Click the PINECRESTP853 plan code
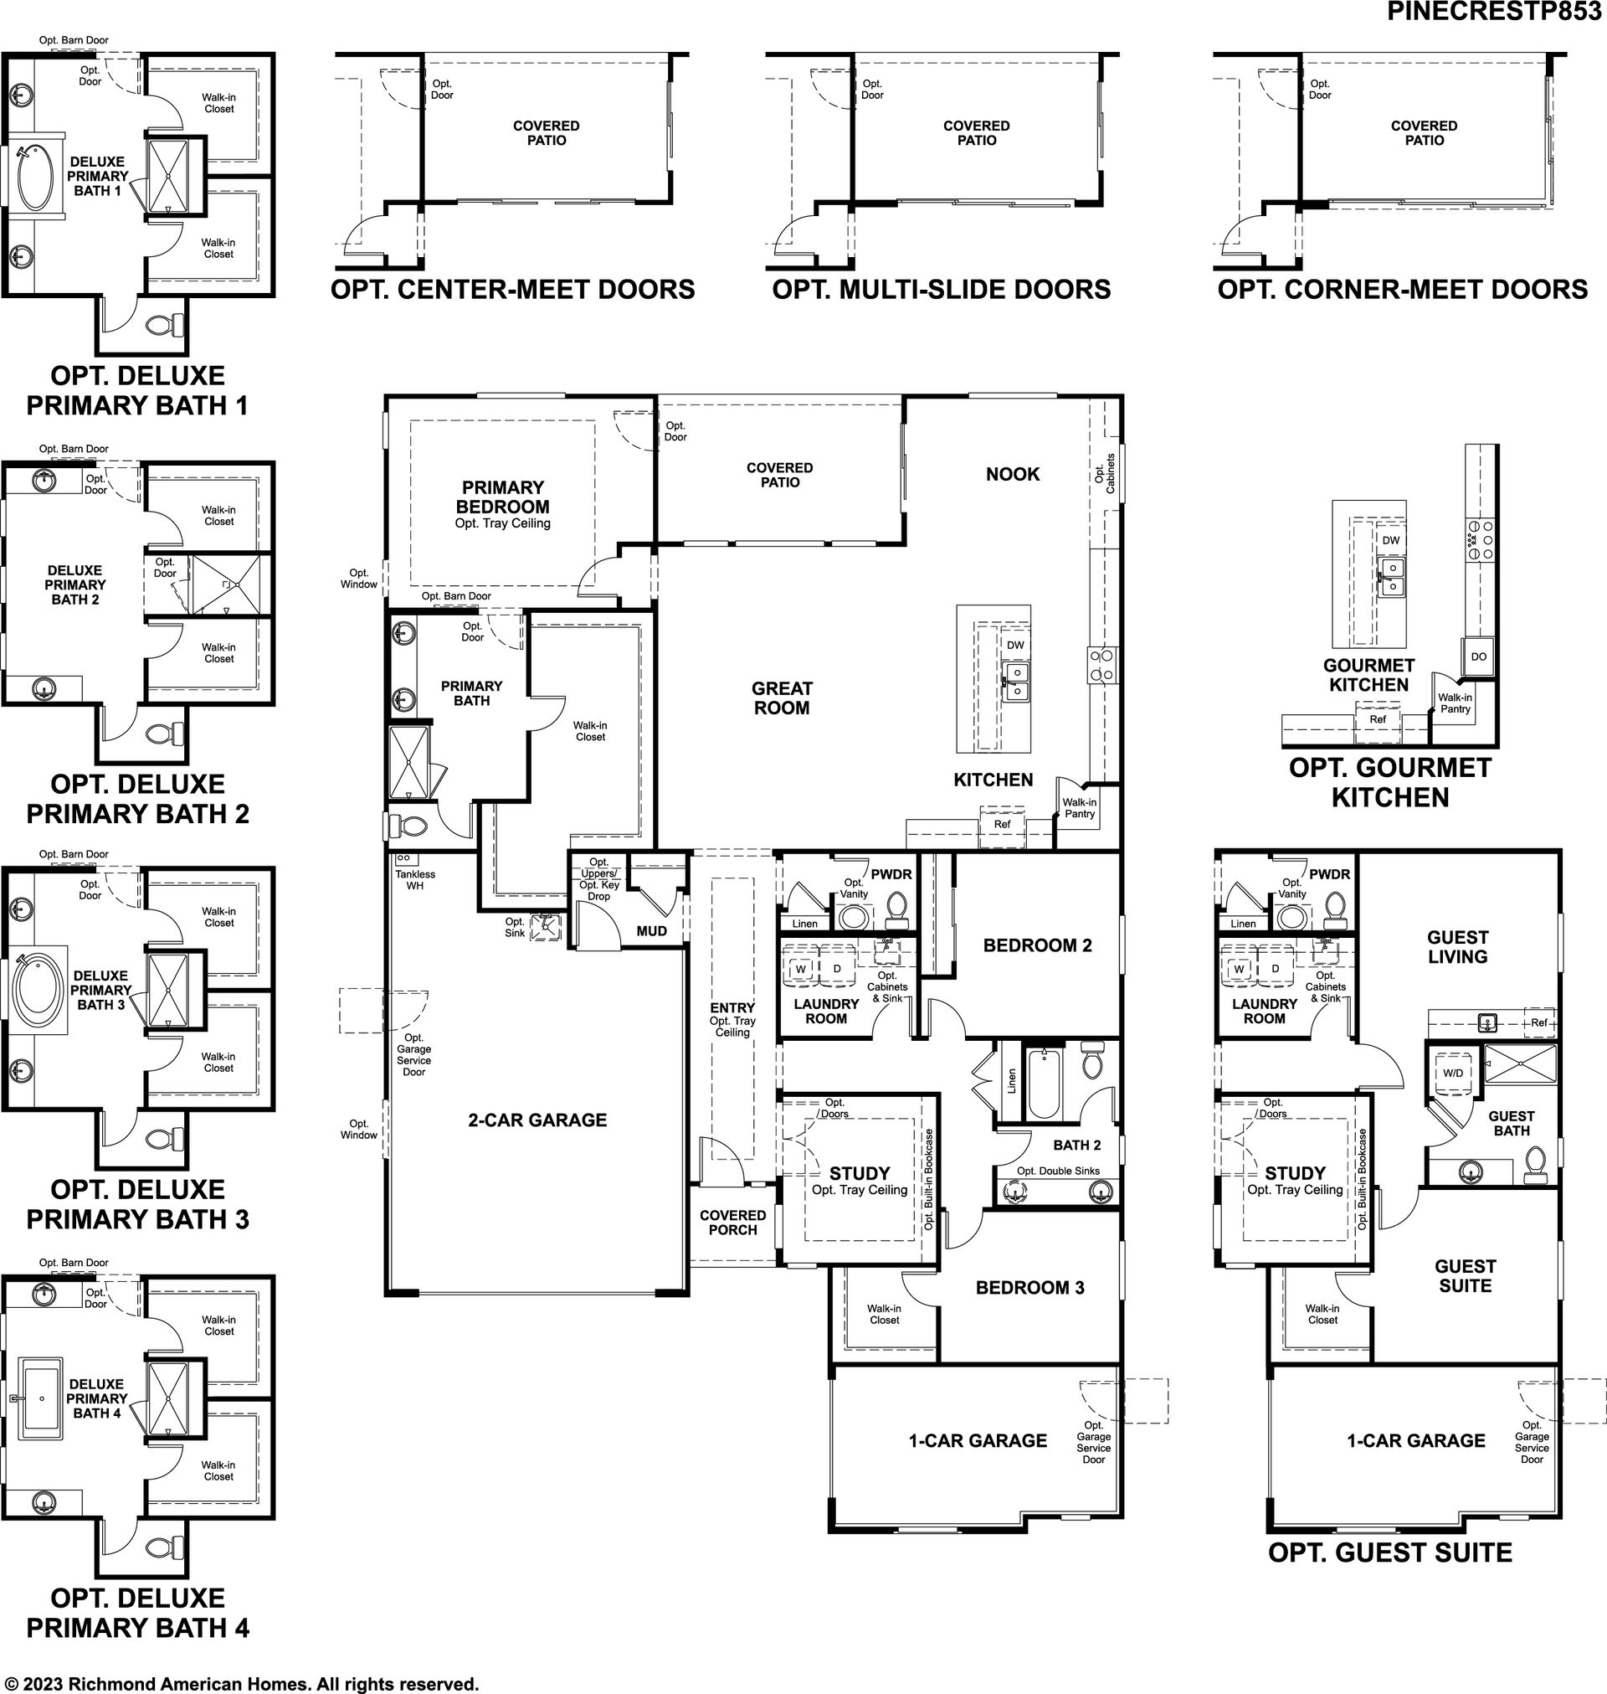[x=1497, y=11]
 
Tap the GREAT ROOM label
[x=781, y=698]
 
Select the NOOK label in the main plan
[x=1013, y=474]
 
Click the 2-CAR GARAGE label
[x=537, y=1120]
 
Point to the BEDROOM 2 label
[x=1037, y=945]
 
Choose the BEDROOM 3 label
[x=1029, y=1287]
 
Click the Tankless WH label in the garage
[x=414, y=880]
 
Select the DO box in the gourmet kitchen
[x=1478, y=656]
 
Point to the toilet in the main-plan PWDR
[x=897, y=910]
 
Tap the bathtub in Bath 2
[x=1043, y=1084]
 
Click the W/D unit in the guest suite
[x=1453, y=1073]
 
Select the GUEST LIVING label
[x=1457, y=947]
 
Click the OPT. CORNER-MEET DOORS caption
[x=1402, y=290]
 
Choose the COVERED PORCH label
[x=732, y=1223]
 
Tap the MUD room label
[x=651, y=930]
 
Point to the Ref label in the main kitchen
[x=1001, y=824]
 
